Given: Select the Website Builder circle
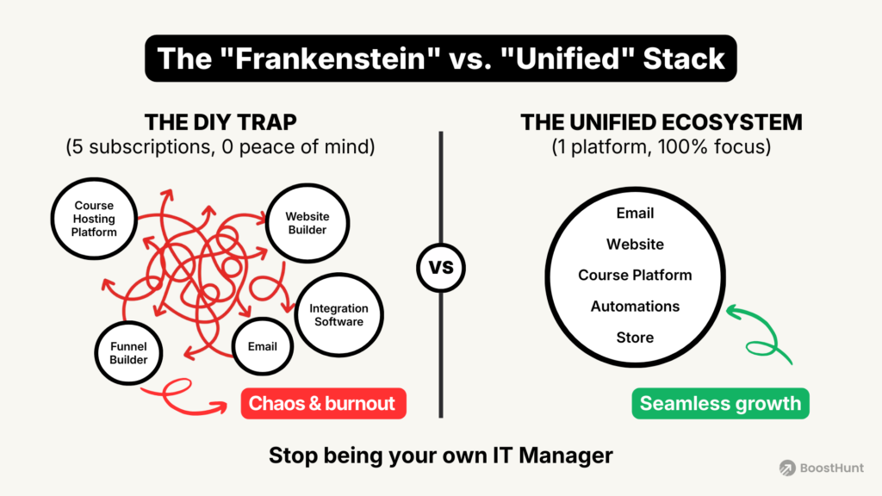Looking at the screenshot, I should point(307,223).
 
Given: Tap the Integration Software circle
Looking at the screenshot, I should point(338,315).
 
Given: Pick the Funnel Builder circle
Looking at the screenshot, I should point(128,353).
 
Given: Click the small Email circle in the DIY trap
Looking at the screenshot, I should point(263,346).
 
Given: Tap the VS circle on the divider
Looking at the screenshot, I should point(440,268).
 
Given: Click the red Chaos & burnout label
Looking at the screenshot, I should point(323,403).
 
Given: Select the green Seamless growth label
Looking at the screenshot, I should point(720,403).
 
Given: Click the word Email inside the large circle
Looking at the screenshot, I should point(635,213).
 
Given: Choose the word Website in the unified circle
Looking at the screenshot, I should point(635,244).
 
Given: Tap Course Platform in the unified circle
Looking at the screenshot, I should point(635,275).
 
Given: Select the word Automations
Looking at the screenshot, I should point(635,306).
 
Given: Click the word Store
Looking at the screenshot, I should point(635,337).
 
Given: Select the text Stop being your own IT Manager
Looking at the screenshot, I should point(440,455).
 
